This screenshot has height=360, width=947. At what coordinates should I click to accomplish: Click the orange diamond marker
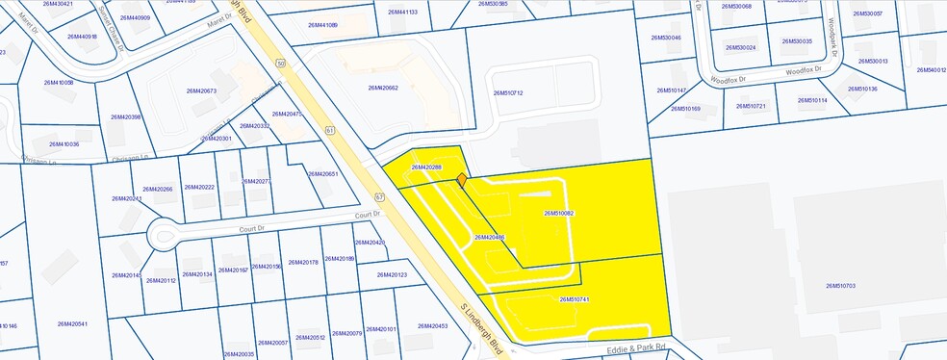462,179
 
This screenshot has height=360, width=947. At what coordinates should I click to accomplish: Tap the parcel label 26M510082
558,213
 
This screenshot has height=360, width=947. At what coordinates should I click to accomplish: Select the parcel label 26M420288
426,167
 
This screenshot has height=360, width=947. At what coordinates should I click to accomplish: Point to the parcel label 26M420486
490,237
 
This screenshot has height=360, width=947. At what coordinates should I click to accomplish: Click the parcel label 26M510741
575,299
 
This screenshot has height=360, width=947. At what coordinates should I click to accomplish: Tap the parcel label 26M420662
383,88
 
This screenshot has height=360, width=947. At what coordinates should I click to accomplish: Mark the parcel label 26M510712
507,92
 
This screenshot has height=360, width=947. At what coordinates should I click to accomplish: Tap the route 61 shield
330,128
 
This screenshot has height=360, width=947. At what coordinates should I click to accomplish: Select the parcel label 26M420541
72,323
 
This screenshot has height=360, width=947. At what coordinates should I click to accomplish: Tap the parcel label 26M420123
392,275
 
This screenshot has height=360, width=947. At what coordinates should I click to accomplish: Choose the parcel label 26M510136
862,90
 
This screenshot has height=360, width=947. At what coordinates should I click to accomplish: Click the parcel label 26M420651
322,173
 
